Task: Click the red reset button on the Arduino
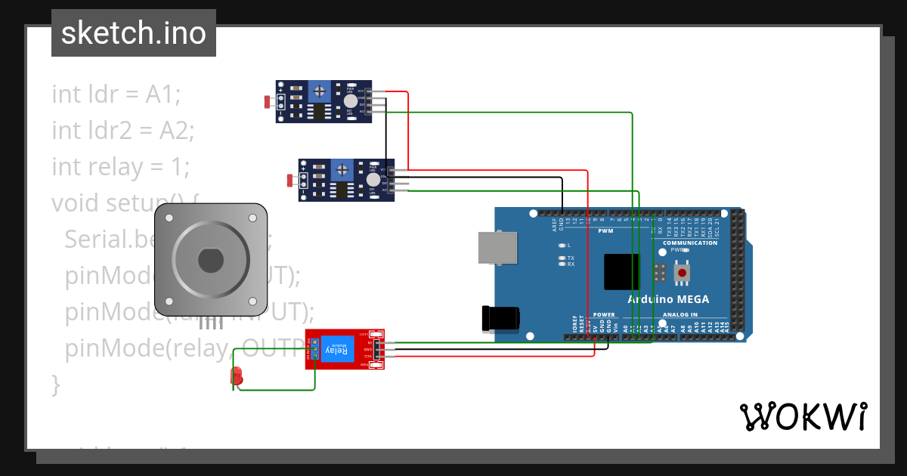point(683,273)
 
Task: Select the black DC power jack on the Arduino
point(500,318)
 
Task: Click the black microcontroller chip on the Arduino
point(621,272)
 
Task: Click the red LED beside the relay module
point(237,376)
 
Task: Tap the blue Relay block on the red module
point(336,350)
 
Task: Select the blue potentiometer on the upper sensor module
point(320,91)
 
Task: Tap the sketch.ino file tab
point(134,33)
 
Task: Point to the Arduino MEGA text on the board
point(668,299)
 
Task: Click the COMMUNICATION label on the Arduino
point(689,243)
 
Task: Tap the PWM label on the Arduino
point(605,231)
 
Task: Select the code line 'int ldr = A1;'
point(116,94)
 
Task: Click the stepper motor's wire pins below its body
point(211,323)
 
